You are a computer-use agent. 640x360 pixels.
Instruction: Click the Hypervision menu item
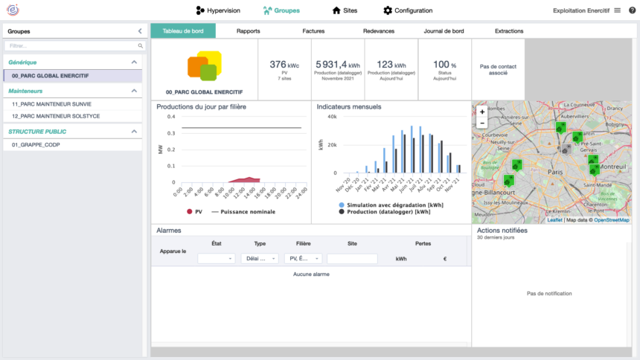tap(217, 10)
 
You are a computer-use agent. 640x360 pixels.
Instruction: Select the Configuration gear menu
tap(408, 10)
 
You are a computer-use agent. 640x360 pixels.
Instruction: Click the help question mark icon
tap(632, 10)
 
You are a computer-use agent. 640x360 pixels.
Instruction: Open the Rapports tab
tap(248, 31)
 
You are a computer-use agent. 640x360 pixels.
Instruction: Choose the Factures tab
tap(313, 31)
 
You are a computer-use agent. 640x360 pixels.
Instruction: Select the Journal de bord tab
tap(444, 31)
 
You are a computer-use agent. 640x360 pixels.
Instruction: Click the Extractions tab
tap(509, 31)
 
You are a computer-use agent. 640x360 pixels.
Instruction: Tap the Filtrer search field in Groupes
tap(72, 46)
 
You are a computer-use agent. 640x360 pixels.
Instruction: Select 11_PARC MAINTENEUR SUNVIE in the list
tap(51, 105)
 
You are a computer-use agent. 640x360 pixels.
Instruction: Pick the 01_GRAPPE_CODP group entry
tap(36, 145)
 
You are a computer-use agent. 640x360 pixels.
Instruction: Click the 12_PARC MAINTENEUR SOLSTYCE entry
tap(56, 116)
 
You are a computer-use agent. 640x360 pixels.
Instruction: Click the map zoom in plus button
tap(482, 112)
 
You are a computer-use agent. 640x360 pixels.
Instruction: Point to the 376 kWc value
tap(283, 65)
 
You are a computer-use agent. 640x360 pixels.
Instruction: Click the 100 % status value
tap(444, 65)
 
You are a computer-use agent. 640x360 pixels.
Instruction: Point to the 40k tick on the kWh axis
tap(331, 117)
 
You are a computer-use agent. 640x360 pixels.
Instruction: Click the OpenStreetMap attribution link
tap(611, 220)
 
